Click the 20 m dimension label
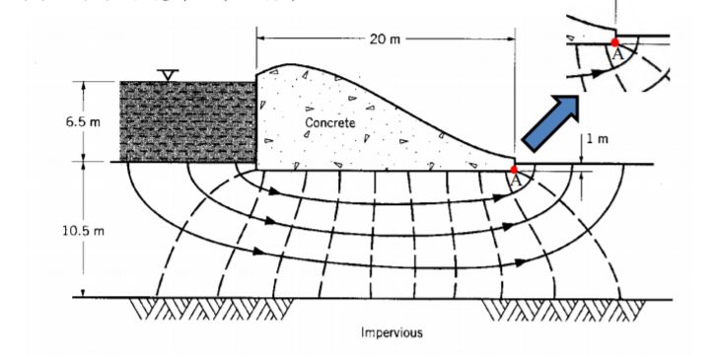coord(386,38)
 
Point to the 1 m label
coord(596,139)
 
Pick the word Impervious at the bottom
coord(391,332)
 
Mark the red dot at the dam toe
coord(515,170)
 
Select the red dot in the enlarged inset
coord(615,43)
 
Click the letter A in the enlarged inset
coord(618,55)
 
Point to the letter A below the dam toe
coord(516,181)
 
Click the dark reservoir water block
coord(187,121)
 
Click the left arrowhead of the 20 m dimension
coord(259,38)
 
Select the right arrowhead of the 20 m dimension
coord(512,38)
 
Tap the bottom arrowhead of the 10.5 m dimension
coord(84,294)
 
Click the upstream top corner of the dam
coord(256,71)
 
